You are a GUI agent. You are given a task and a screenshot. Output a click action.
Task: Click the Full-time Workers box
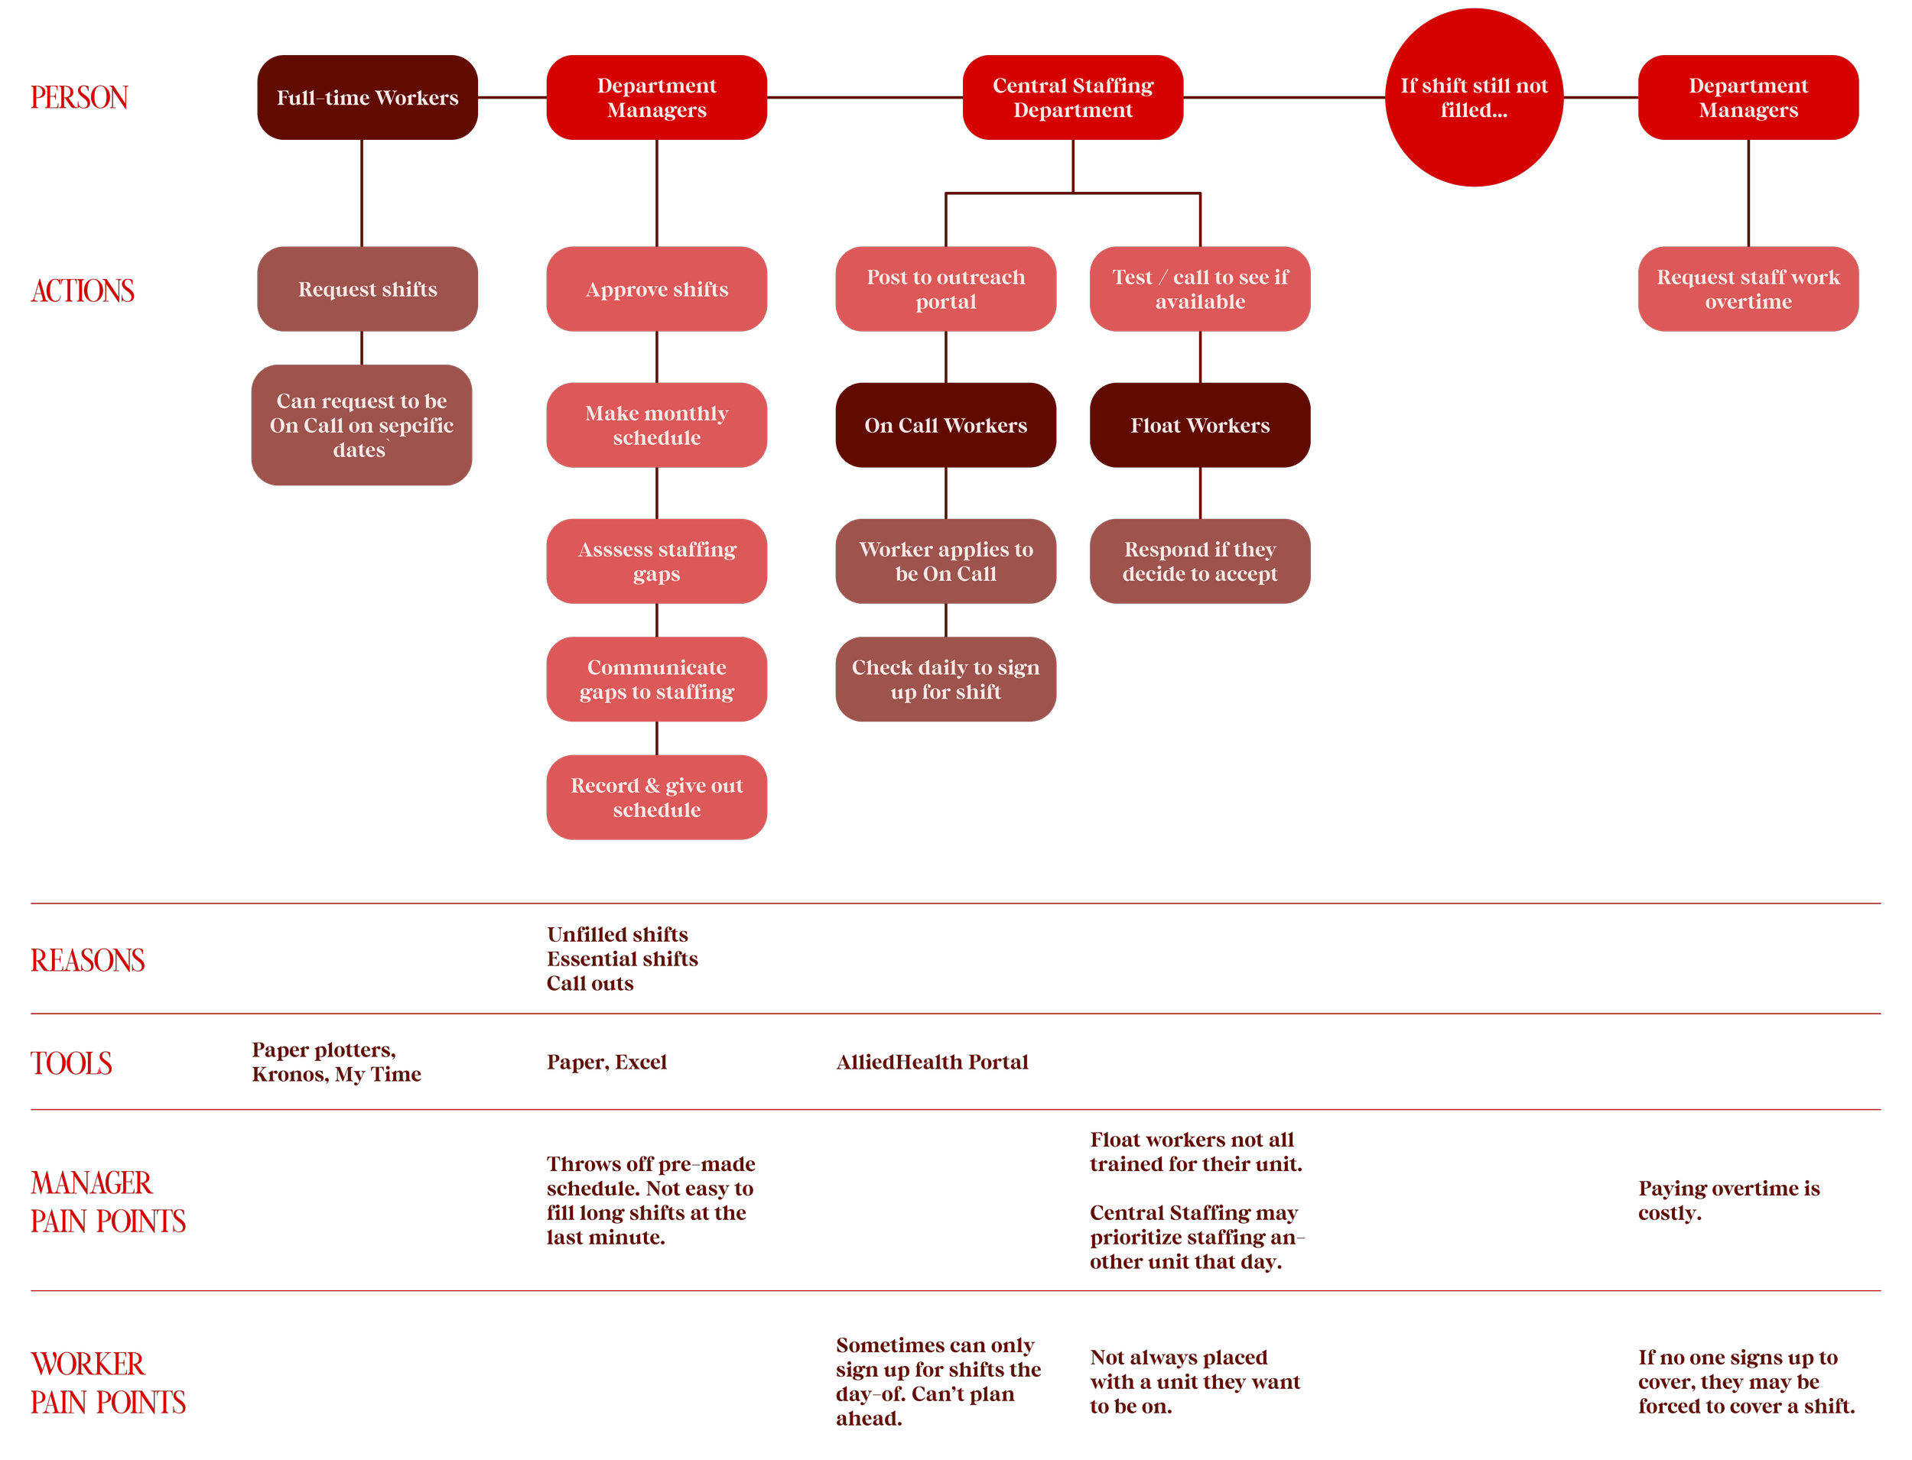pyautogui.click(x=367, y=97)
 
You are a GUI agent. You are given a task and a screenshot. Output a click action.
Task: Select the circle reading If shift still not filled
pyautogui.click(x=1474, y=97)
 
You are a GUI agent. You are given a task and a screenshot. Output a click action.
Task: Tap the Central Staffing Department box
pyautogui.click(x=1072, y=97)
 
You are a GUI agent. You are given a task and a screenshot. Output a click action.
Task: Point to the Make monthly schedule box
pyautogui.click(x=656, y=425)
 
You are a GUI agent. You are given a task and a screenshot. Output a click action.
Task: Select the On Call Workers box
pyautogui.click(x=945, y=425)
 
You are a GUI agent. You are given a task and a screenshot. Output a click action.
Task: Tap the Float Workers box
pyautogui.click(x=1200, y=425)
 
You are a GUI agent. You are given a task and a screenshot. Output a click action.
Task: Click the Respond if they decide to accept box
pyautogui.click(x=1200, y=561)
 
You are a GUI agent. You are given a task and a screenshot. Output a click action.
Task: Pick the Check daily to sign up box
pyautogui.click(x=945, y=680)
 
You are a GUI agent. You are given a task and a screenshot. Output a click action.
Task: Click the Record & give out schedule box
pyautogui.click(x=656, y=797)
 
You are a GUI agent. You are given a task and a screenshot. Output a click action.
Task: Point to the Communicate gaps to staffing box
pyautogui.click(x=656, y=680)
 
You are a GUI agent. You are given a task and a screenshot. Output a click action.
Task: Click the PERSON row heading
pyautogui.click(x=79, y=97)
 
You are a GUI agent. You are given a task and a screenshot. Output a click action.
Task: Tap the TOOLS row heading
pyautogui.click(x=71, y=1063)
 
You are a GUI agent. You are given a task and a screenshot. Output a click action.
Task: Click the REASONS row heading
pyautogui.click(x=87, y=960)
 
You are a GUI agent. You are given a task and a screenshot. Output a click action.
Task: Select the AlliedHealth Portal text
pyautogui.click(x=932, y=1062)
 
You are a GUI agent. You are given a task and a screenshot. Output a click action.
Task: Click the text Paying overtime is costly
pyautogui.click(x=1728, y=1200)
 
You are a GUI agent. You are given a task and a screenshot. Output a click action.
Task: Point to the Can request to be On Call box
pyautogui.click(x=362, y=425)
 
